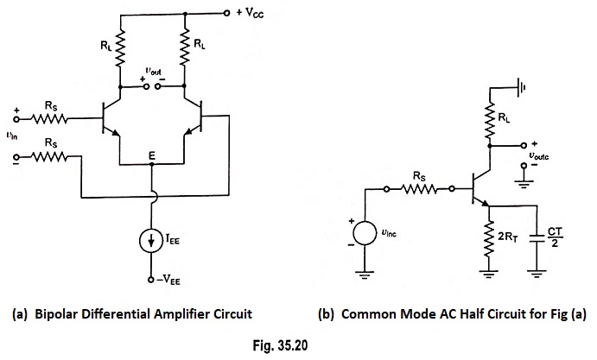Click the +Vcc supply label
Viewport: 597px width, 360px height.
pos(250,13)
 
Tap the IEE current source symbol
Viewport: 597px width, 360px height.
pos(151,241)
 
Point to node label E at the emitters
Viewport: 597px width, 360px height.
pos(152,155)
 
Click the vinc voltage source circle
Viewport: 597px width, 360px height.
pos(365,233)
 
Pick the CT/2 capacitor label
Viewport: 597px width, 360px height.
pos(555,237)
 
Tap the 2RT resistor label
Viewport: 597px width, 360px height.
pos(508,237)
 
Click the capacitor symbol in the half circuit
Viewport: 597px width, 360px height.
pos(537,238)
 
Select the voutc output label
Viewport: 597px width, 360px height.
pos(539,156)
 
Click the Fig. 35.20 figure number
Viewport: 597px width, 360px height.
pos(280,345)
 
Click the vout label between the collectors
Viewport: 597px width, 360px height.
pos(153,71)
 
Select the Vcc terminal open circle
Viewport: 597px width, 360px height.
pos(226,14)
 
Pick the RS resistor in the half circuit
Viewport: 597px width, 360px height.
pos(419,189)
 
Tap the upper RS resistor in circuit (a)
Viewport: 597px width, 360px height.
pos(50,119)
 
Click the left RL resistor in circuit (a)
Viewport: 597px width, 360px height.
pos(120,48)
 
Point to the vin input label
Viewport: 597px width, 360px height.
pos(12,136)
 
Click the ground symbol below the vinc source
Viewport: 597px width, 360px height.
pos(365,275)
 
